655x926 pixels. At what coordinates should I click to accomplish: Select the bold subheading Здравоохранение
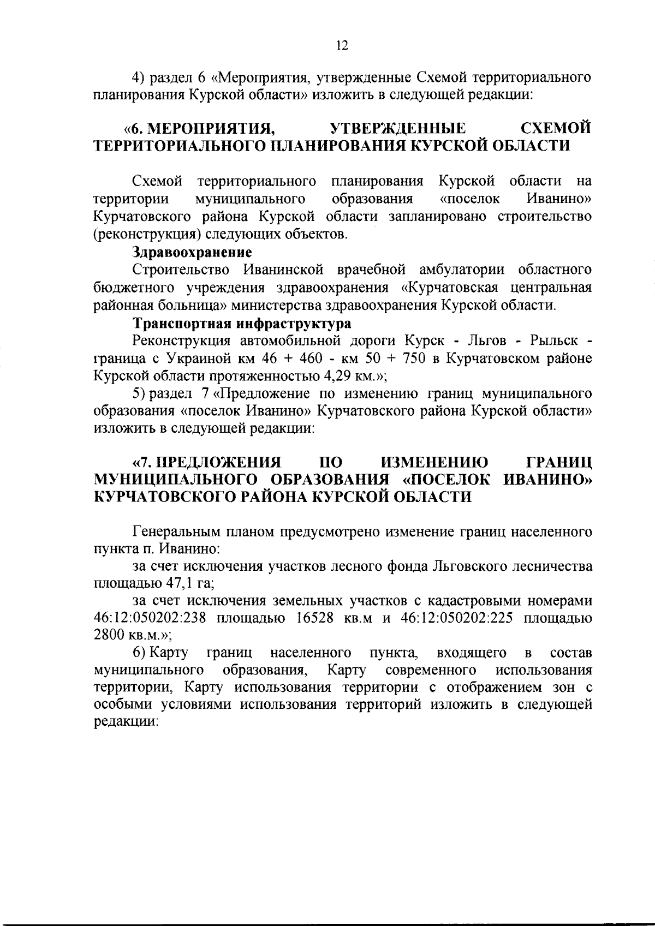192,252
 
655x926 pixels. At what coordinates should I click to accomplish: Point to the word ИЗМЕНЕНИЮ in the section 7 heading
434,463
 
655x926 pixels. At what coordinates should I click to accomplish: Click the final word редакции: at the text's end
126,721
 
